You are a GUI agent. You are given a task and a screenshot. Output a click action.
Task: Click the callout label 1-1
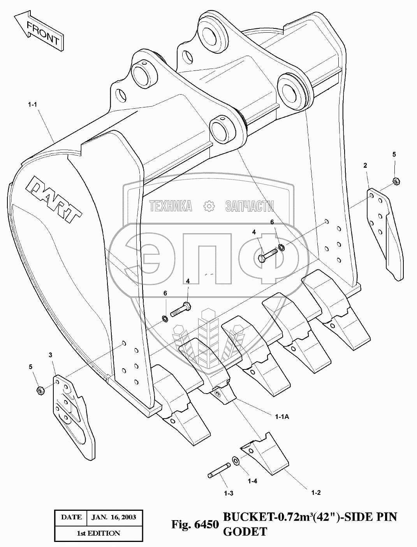pyautogui.click(x=33, y=104)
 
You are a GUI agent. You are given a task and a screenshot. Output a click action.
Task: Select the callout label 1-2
pyautogui.click(x=316, y=492)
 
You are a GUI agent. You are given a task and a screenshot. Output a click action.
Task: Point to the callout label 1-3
pyautogui.click(x=229, y=493)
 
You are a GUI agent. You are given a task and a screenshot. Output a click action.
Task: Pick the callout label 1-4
pyautogui.click(x=252, y=481)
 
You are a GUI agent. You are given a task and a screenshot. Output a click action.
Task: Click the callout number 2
pyautogui.click(x=365, y=165)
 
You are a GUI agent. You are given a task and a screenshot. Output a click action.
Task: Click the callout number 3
pyautogui.click(x=50, y=355)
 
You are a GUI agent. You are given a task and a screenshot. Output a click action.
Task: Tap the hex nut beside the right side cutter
pyautogui.click(x=395, y=181)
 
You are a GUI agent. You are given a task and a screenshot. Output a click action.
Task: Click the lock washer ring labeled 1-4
pyautogui.click(x=236, y=461)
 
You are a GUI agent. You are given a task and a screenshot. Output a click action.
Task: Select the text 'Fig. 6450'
pyautogui.click(x=195, y=525)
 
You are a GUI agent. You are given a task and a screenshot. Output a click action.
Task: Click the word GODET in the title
pyautogui.click(x=245, y=531)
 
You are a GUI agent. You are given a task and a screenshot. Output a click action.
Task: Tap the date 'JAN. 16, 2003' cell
pyautogui.click(x=114, y=517)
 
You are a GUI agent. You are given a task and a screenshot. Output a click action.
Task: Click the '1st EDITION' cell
pyautogui.click(x=98, y=533)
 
